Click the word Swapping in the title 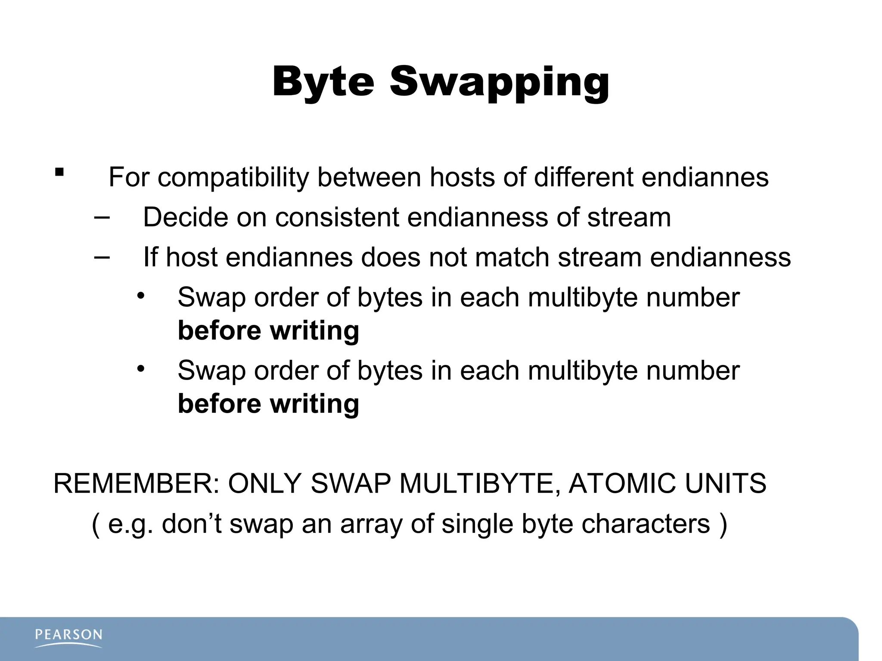[500, 83]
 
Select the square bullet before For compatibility [59, 173]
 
